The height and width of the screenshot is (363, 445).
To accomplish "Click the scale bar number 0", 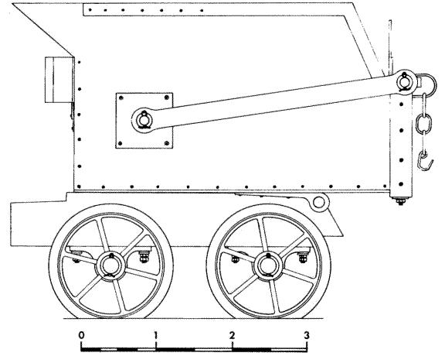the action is tap(81, 335).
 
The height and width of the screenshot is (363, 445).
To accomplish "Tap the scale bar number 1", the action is tap(155, 335).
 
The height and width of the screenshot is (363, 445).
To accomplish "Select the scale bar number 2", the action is tap(232, 335).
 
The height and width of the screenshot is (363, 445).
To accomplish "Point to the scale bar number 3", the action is tap(307, 335).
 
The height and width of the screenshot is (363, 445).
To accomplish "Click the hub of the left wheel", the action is tap(110, 265).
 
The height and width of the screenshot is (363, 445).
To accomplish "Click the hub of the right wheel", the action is tap(268, 265).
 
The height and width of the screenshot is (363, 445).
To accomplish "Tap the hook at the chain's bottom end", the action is tap(425, 162).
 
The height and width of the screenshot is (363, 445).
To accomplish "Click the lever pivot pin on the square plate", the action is tap(144, 120).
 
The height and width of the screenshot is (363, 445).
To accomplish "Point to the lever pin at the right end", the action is tap(404, 81).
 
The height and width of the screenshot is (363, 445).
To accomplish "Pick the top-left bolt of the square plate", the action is tap(121, 98).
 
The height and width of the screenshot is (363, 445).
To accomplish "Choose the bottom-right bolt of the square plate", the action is tap(167, 143).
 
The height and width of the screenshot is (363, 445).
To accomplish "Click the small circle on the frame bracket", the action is tap(319, 202).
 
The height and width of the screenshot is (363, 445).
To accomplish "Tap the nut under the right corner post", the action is tap(400, 202).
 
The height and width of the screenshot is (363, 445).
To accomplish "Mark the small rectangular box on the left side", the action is tap(59, 80).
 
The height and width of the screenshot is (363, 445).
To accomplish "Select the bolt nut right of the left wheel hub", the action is tap(144, 257).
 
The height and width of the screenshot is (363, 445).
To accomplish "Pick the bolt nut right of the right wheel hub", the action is tap(303, 257).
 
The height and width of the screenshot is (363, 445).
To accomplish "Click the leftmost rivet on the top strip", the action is tap(90, 10).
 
